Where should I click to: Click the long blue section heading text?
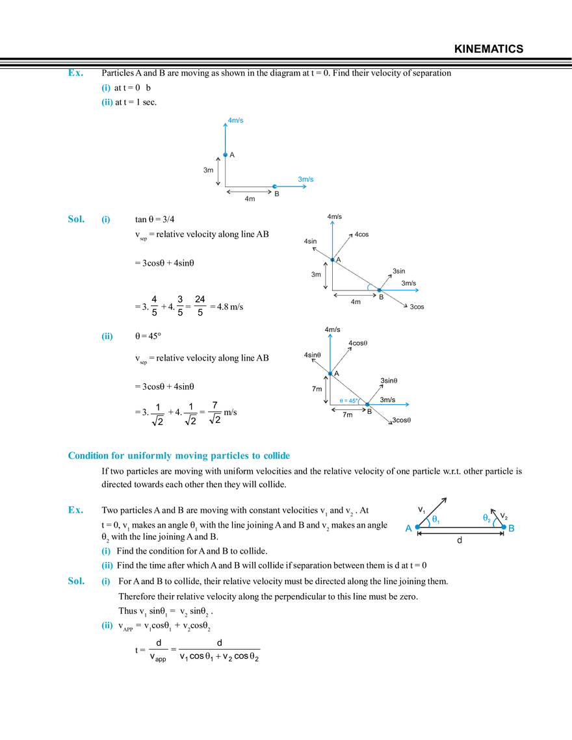tap(178, 456)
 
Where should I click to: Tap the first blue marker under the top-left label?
tap(107, 88)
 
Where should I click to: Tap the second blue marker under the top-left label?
tap(107, 102)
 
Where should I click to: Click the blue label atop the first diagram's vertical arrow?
tap(235, 120)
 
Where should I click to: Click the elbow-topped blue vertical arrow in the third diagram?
tap(331, 354)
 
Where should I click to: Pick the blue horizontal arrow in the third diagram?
tap(387, 404)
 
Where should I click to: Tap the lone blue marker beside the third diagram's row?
tap(107, 337)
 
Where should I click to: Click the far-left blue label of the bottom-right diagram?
tap(408, 529)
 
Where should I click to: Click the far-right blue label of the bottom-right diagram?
tap(511, 528)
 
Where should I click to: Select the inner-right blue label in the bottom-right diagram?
tap(488, 518)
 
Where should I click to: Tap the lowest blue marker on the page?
tap(107, 626)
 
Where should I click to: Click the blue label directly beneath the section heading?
tap(74, 510)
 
